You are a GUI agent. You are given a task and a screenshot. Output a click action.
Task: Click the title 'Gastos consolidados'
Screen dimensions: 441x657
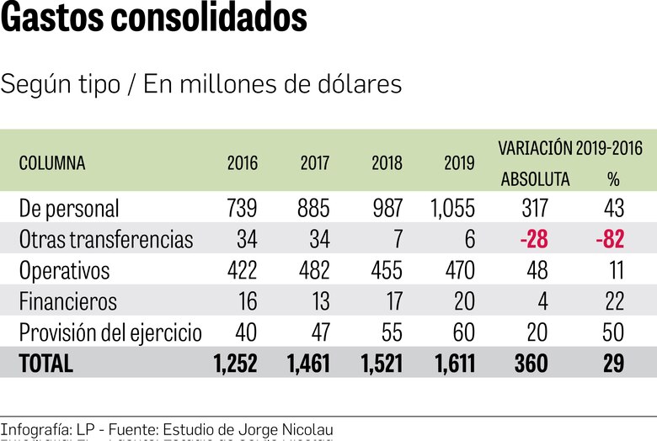tap(154, 19)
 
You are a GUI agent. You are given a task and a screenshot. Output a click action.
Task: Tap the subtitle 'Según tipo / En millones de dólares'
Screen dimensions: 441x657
tap(201, 85)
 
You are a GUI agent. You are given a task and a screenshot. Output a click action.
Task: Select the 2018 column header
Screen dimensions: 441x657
tap(387, 163)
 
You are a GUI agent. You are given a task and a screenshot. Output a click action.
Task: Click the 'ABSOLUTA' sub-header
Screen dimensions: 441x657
tap(535, 179)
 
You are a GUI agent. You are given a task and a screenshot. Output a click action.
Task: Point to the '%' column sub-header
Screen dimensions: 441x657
tap(612, 179)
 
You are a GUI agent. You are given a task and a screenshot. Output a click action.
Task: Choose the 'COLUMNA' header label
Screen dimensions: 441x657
tap(52, 163)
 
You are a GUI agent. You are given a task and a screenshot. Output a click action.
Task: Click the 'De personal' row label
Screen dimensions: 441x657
tap(69, 208)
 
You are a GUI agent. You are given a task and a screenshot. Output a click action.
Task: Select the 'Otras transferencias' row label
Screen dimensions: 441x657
tap(106, 240)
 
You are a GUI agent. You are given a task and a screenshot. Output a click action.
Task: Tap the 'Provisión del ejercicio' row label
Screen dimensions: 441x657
tap(110, 332)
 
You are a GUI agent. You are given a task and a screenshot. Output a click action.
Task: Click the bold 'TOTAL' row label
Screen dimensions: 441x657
tap(46, 364)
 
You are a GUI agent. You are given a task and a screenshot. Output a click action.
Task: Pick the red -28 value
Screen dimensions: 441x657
tap(534, 240)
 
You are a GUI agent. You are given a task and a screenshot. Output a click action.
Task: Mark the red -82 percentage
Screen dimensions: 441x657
tap(609, 240)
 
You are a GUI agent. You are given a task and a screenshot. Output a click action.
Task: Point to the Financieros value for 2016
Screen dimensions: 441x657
tap(247, 301)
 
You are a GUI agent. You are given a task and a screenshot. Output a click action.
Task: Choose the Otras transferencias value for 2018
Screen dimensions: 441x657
tap(396, 240)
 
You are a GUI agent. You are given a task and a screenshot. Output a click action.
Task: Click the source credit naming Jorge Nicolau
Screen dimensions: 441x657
tap(167, 429)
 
